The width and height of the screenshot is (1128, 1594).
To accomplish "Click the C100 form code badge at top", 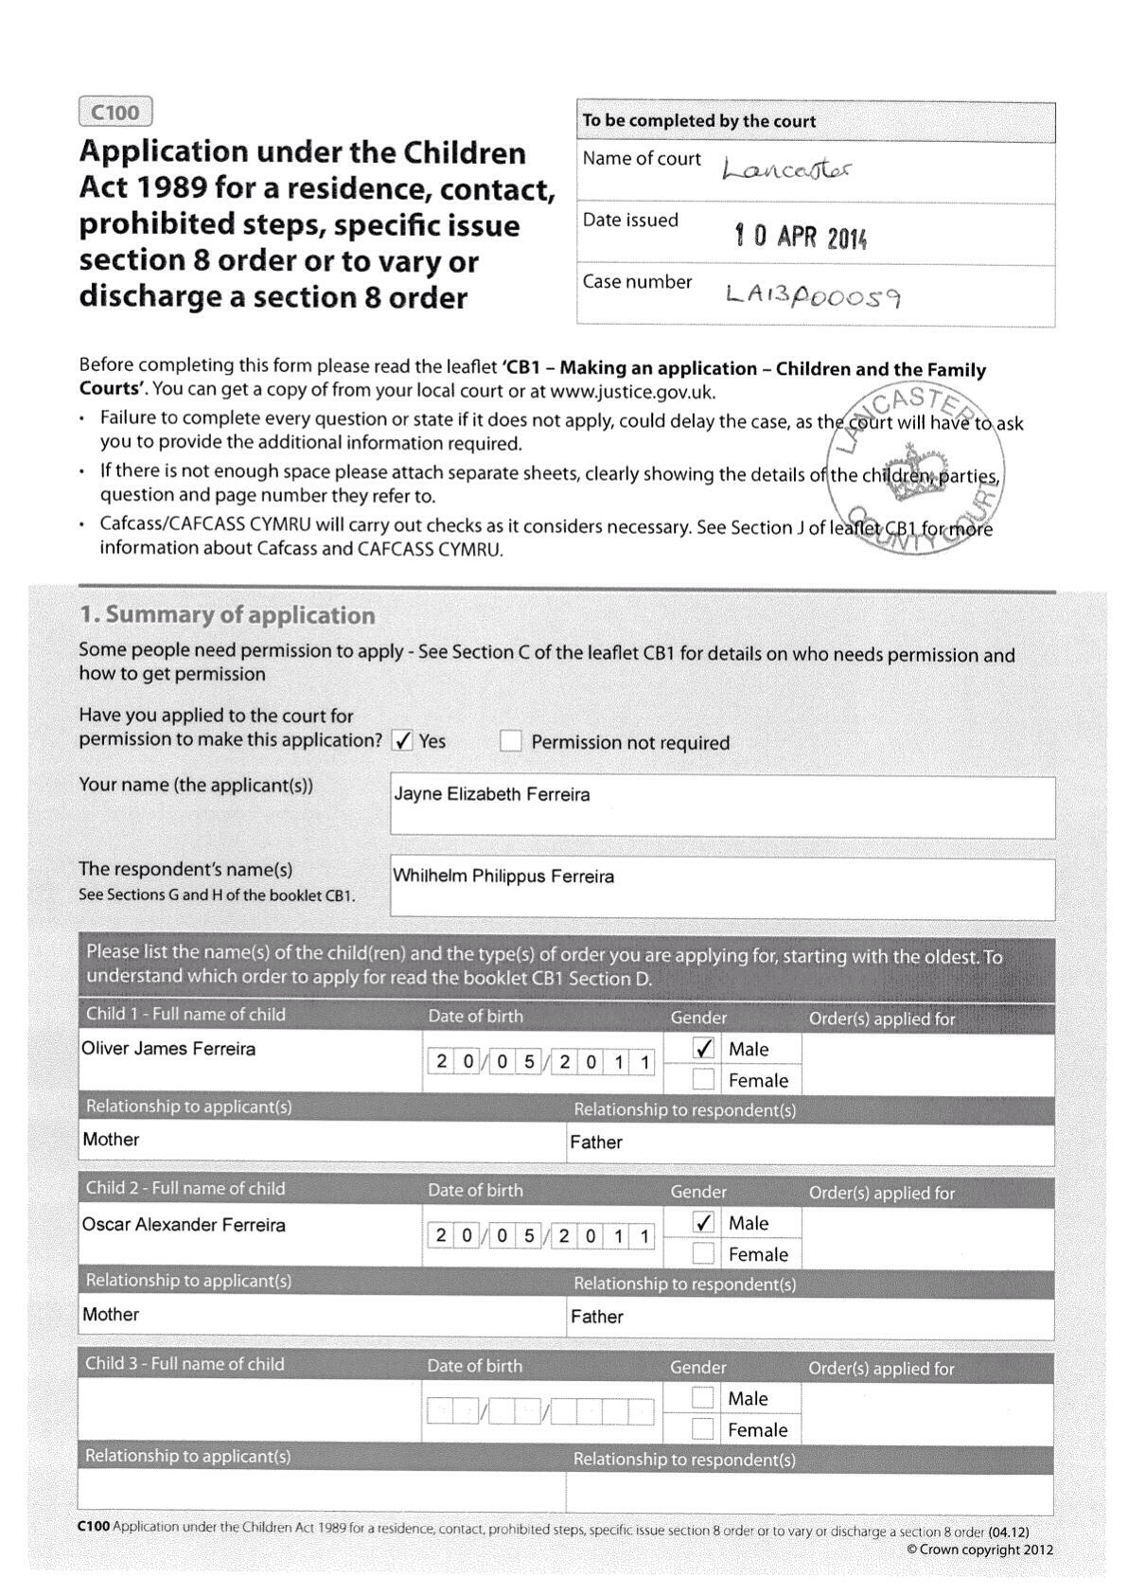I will click(x=115, y=113).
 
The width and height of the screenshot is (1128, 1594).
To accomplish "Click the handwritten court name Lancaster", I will click(x=786, y=170).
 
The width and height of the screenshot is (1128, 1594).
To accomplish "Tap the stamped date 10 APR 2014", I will click(x=801, y=236).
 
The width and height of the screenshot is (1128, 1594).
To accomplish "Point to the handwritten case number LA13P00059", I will click(x=813, y=295).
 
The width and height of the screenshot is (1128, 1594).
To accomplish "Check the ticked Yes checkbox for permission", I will click(x=403, y=741).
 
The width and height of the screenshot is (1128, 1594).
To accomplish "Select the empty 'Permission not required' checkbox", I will click(x=511, y=741).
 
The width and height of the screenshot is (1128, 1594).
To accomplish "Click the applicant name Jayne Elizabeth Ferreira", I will click(x=491, y=794).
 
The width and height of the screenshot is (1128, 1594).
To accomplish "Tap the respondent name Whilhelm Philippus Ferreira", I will click(x=503, y=877).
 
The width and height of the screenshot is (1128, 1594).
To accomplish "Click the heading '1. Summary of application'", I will click(x=227, y=615).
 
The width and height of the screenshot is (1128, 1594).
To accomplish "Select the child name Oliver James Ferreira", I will click(x=168, y=1049).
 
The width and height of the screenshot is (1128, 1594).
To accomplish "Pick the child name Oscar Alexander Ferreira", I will click(x=184, y=1225).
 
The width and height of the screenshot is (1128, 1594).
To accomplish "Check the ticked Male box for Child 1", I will click(x=703, y=1049).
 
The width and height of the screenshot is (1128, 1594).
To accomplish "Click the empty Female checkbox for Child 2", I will click(x=702, y=1254).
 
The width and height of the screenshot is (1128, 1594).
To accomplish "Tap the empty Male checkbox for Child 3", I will click(x=702, y=1398).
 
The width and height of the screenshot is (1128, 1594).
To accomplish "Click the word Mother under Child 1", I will click(x=111, y=1140).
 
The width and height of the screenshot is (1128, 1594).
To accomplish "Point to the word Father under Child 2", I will click(x=596, y=1317).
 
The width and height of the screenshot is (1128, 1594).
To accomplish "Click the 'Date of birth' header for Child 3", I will click(x=474, y=1366).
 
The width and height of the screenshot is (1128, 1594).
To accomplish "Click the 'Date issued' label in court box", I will click(x=630, y=221).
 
